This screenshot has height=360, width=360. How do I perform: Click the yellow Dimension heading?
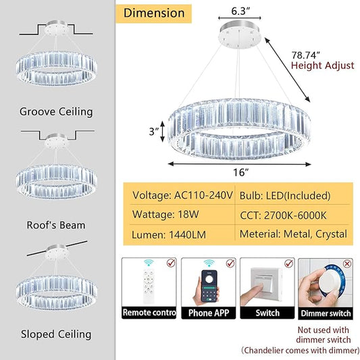tap(153, 14)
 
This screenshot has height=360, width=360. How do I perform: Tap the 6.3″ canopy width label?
tap(240, 11)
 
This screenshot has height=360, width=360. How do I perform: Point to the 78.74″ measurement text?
tap(305, 55)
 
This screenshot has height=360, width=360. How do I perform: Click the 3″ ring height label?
tap(154, 132)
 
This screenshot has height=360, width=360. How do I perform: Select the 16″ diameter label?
tap(241, 172)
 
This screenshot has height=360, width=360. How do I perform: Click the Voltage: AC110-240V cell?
tap(182, 195)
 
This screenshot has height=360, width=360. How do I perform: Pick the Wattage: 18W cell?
tap(165, 214)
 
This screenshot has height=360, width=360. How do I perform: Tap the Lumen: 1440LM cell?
tap(169, 234)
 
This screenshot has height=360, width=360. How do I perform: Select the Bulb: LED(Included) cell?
tap(285, 196)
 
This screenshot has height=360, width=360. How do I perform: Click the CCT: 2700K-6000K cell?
tap(283, 215)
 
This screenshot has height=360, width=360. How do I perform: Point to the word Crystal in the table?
tap(331, 234)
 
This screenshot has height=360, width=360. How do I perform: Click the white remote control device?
tap(149, 286)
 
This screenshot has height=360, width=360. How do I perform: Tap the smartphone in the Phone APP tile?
tap(209, 286)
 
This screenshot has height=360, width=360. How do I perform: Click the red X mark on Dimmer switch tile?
tap(347, 263)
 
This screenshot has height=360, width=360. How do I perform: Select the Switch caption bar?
tap(267, 313)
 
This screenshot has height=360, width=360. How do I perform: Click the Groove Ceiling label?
tap(56, 112)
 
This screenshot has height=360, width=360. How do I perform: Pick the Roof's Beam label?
tap(56, 225)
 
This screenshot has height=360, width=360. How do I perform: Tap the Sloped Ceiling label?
tap(56, 334)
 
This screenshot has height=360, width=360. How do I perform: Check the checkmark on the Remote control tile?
tap(171, 263)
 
